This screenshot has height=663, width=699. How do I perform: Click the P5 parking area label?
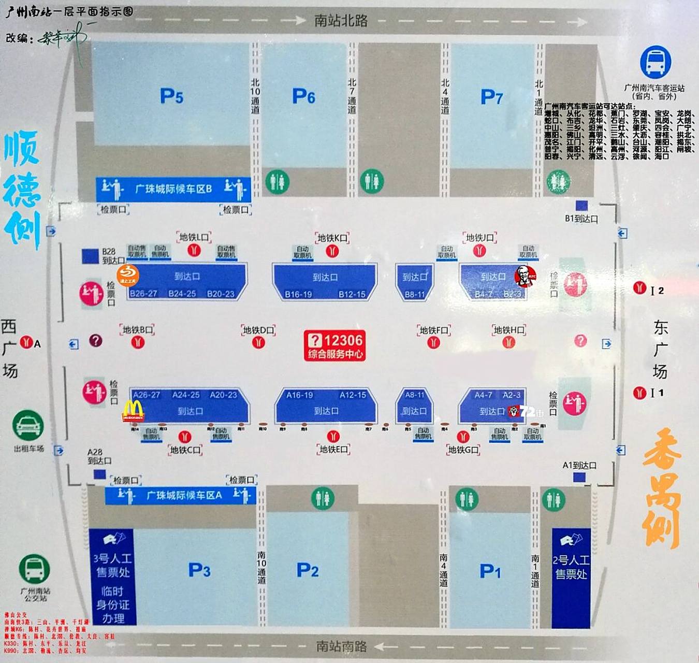[x=171, y=96]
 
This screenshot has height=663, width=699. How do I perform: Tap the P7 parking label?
[x=491, y=97]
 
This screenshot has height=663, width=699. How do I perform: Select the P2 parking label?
[x=307, y=570]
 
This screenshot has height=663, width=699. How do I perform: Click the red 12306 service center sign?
[x=334, y=345]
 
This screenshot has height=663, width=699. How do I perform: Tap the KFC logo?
[x=525, y=276]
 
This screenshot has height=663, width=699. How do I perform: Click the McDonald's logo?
[x=133, y=411]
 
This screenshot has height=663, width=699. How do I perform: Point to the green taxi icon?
[x=28, y=426]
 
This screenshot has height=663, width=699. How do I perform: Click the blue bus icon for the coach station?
[x=656, y=62]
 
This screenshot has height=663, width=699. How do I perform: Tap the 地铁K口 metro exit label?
[x=332, y=238]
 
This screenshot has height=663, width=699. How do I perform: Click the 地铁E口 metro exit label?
[x=334, y=449]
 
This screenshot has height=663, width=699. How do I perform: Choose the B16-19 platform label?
[x=298, y=294]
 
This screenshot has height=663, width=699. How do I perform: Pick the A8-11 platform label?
[x=414, y=395]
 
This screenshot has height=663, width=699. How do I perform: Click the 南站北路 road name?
[x=341, y=21]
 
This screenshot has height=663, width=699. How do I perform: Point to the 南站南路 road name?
[x=341, y=646]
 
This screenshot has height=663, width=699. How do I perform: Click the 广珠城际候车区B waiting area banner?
[x=173, y=189]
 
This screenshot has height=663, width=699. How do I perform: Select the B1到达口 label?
[x=581, y=219]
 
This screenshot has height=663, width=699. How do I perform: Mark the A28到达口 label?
[x=99, y=456]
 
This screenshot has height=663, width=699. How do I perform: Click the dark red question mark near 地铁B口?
[x=95, y=340]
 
